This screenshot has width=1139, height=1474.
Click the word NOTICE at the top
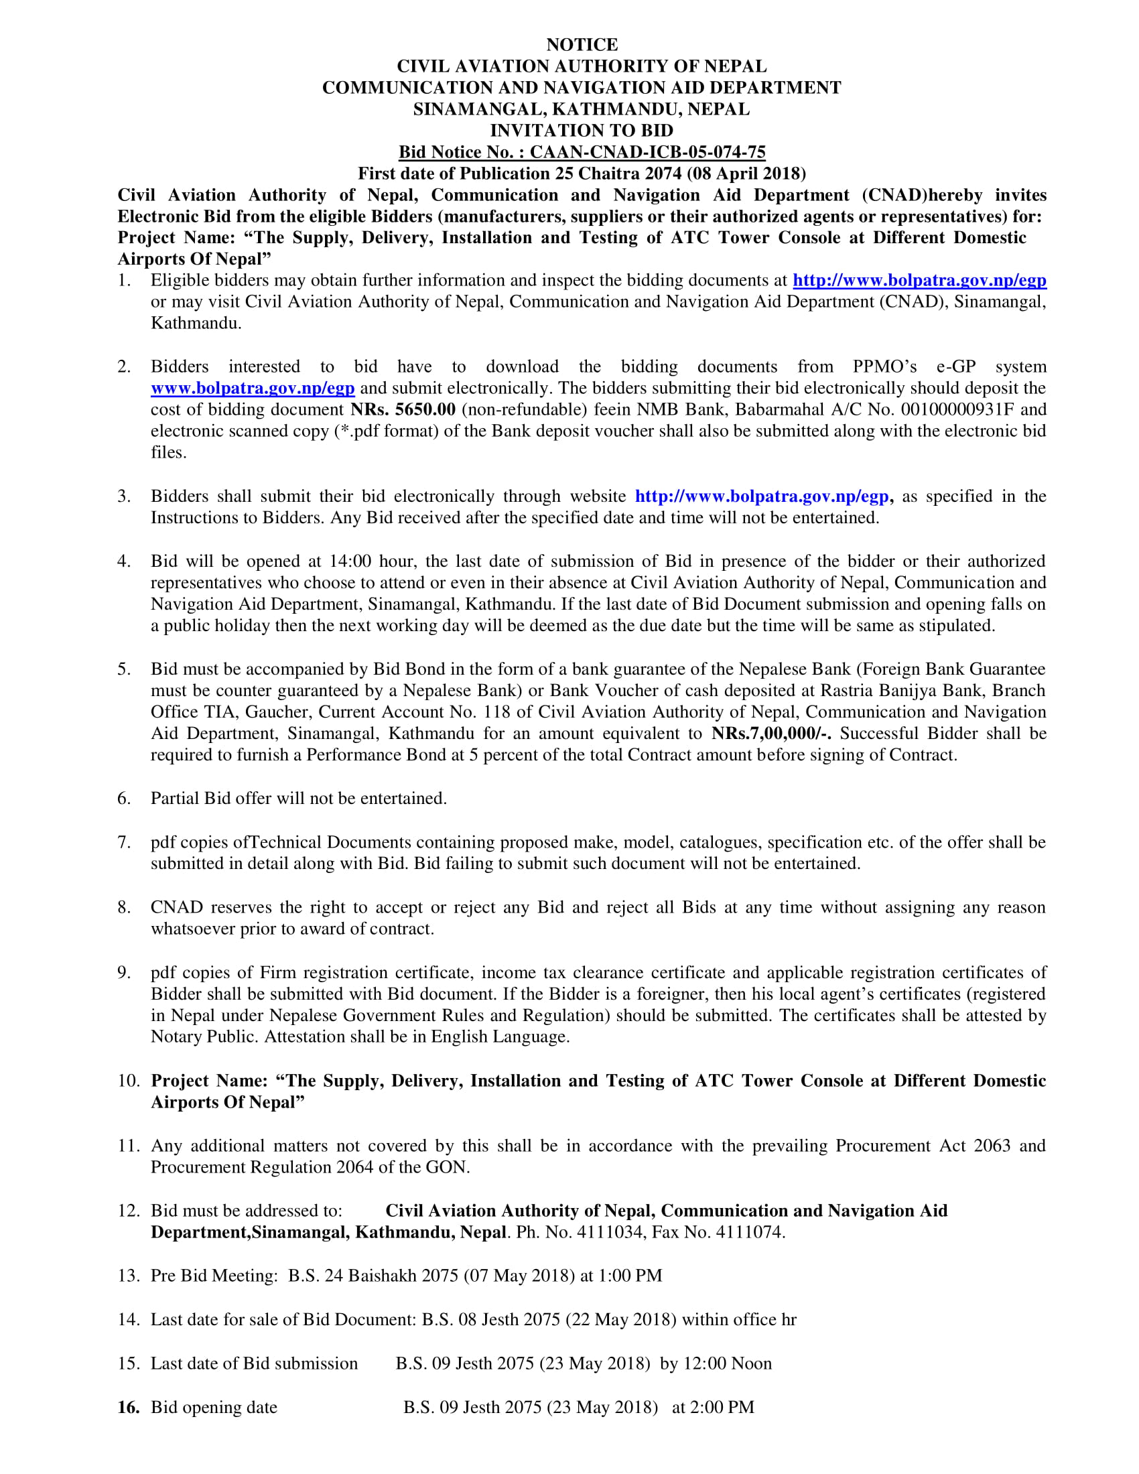click(x=582, y=44)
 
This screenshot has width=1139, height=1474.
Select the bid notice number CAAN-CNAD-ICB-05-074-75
click(x=647, y=152)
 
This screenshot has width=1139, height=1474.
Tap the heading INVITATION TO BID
click(x=582, y=130)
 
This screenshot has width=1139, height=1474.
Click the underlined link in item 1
click(x=919, y=280)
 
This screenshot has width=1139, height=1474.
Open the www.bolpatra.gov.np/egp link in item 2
click(x=253, y=388)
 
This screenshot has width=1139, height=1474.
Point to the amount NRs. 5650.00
click(x=403, y=409)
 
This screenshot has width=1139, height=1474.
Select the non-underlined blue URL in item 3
click(x=761, y=496)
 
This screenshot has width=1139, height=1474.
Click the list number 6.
click(x=123, y=799)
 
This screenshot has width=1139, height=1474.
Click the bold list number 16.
click(x=128, y=1407)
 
